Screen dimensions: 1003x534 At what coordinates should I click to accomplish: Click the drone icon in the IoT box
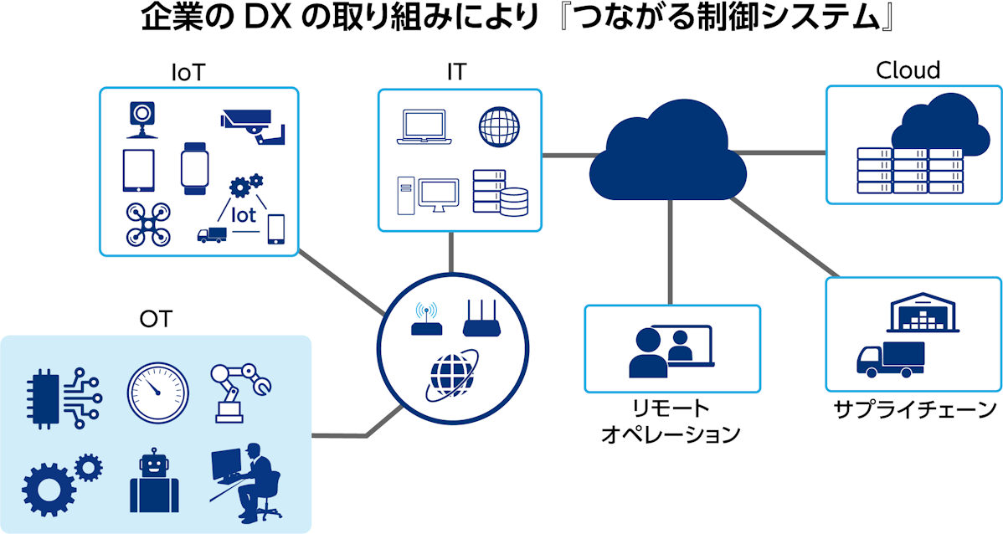(x=147, y=224)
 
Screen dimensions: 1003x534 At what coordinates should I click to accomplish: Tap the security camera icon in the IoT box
(x=253, y=126)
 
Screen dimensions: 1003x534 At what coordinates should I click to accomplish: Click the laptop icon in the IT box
(x=424, y=127)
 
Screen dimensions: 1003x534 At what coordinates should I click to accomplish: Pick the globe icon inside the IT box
(x=499, y=126)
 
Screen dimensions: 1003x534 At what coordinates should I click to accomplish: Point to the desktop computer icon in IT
(x=428, y=196)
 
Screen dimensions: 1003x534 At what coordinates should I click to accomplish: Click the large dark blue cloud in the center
(x=668, y=151)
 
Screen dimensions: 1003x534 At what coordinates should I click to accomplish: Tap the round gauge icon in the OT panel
(x=158, y=393)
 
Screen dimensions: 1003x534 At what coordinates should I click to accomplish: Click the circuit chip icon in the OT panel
(x=64, y=398)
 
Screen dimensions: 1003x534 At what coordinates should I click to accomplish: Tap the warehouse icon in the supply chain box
(x=923, y=313)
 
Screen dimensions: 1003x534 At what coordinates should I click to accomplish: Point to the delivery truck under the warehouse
(x=891, y=359)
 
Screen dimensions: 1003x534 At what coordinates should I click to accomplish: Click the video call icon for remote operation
(x=671, y=351)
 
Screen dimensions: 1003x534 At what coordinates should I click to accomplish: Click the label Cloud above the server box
(x=908, y=70)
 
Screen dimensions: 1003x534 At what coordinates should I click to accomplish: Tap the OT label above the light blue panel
(x=156, y=319)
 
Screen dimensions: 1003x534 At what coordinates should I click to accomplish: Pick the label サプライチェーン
(x=915, y=409)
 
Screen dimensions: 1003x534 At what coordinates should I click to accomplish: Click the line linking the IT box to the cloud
(x=571, y=156)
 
